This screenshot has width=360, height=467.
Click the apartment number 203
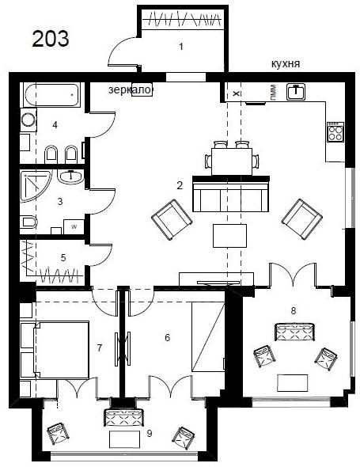pyautogui.click(x=51, y=39)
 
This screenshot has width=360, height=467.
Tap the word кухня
pyautogui.click(x=286, y=64)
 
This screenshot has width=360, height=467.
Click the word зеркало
pyautogui.click(x=130, y=89)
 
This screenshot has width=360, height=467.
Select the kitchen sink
pyautogui.click(x=296, y=92)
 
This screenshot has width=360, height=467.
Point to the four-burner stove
pyautogui.click(x=335, y=131)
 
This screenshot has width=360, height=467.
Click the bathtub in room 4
pyautogui.click(x=52, y=95)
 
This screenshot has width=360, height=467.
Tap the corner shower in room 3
pyautogui.click(x=35, y=185)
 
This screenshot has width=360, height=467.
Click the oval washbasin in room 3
pyautogui.click(x=71, y=177)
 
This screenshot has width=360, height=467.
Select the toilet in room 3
pyautogui.click(x=29, y=222)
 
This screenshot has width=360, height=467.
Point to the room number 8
pyautogui.click(x=294, y=311)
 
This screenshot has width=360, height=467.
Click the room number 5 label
pyautogui.click(x=63, y=257)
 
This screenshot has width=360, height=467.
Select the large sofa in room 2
pyautogui.click(x=231, y=194)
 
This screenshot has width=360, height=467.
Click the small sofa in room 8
pyautogui.click(x=294, y=332)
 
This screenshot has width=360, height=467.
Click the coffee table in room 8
pyautogui.click(x=293, y=383)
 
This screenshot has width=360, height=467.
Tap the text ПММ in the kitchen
pyautogui.click(x=273, y=92)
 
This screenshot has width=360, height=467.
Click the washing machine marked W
pyautogui.click(x=74, y=227)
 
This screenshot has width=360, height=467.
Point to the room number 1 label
pyautogui.click(x=180, y=47)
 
